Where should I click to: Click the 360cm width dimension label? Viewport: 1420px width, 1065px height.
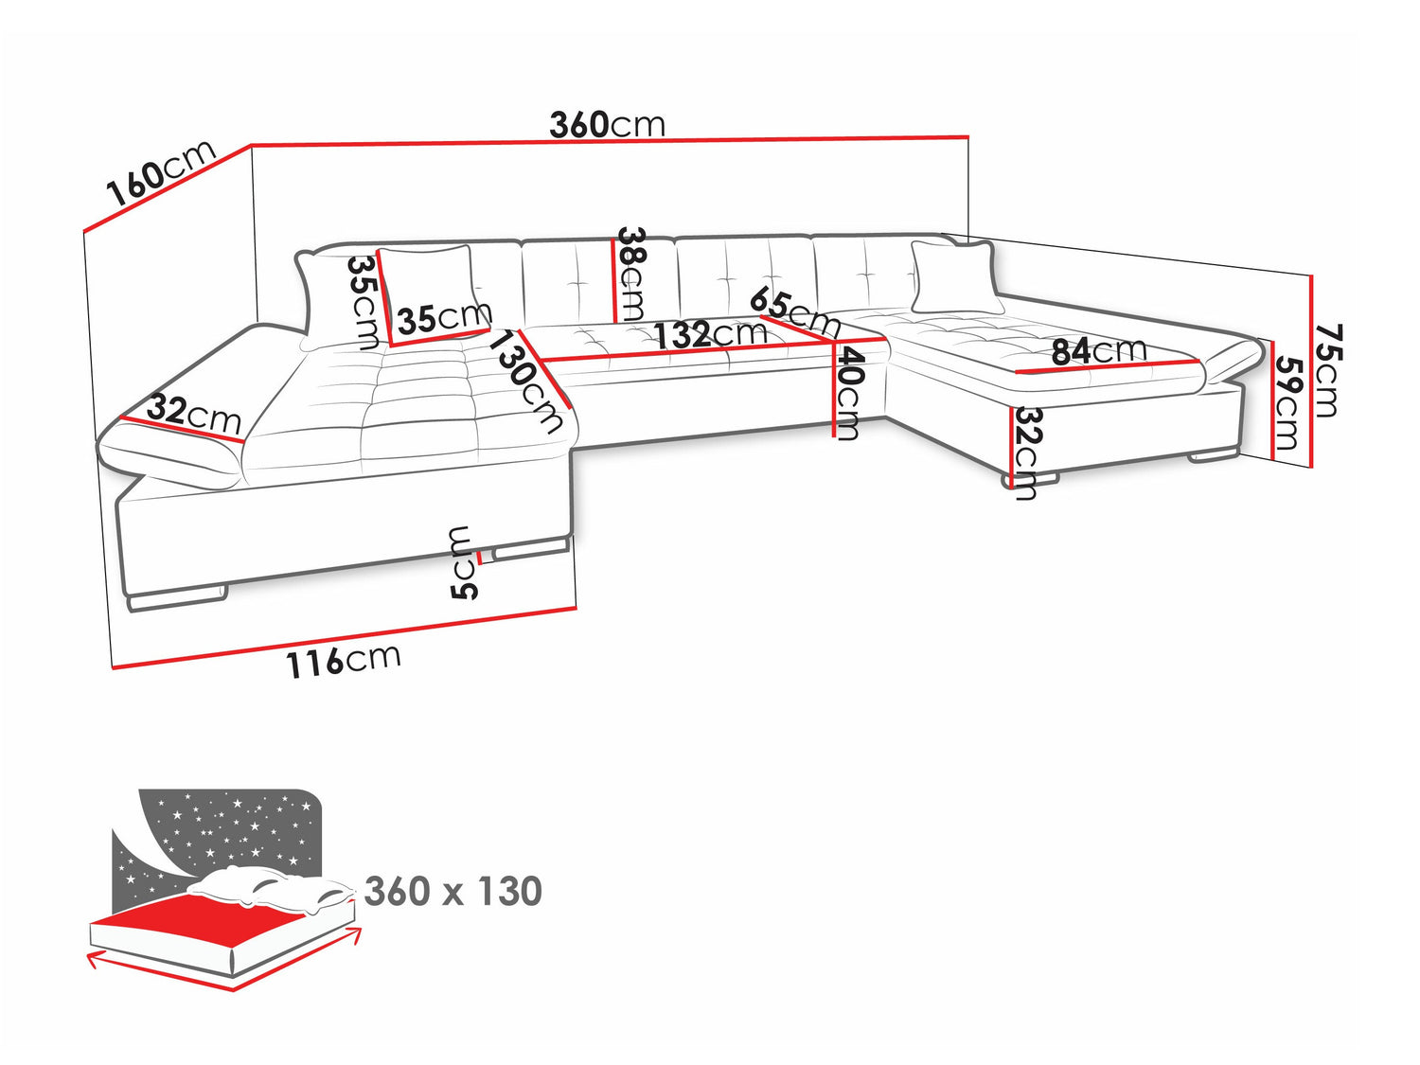point(607,124)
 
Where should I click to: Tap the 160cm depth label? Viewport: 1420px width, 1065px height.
point(162,174)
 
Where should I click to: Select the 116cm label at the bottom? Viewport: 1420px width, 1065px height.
point(344,660)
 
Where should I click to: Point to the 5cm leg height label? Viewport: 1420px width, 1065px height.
point(463,563)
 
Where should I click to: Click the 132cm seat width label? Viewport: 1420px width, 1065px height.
point(710,334)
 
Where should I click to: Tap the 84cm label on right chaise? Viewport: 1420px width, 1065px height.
point(1098,351)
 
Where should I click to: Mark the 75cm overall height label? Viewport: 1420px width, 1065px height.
point(1327,370)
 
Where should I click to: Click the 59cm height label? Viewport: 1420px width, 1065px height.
point(1287,401)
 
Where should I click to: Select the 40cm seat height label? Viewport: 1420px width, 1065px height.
point(848,393)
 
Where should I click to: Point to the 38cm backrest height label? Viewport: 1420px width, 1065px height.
point(631,274)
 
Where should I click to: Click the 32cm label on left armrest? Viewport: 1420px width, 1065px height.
point(194,414)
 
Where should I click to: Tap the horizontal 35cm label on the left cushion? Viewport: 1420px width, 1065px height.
point(444,318)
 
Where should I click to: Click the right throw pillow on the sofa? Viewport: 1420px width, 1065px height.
point(954,277)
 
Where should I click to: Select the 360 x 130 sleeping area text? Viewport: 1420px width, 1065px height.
point(453,892)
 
